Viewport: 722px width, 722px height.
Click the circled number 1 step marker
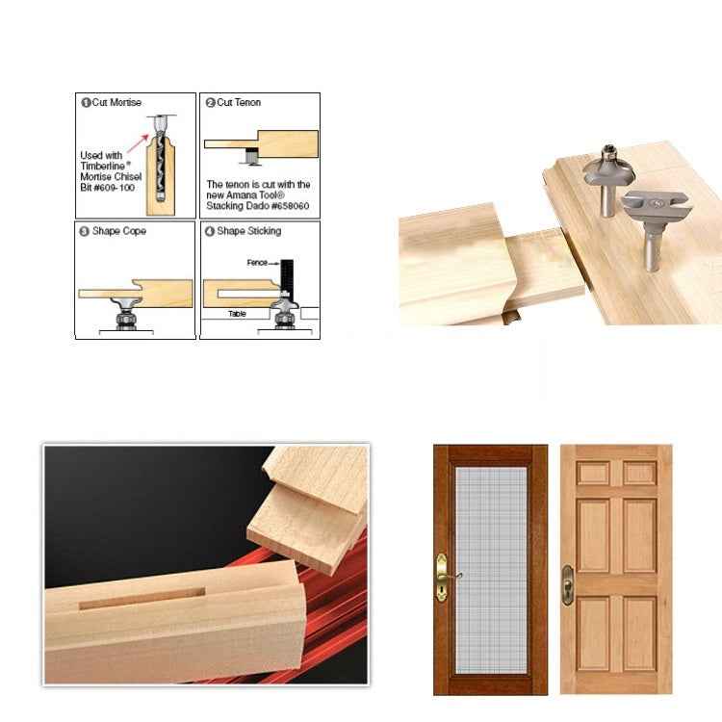85,102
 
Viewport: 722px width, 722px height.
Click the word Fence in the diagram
255,262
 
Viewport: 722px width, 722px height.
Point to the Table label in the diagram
237,313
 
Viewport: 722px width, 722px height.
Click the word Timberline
105,166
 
